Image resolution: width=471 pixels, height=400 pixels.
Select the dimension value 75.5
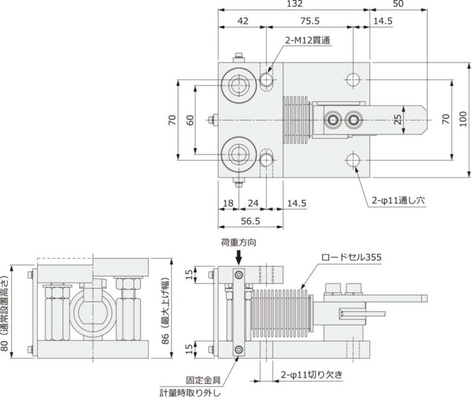(310, 21)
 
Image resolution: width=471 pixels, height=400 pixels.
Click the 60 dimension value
(190, 120)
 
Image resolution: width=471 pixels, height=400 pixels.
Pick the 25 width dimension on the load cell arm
(397, 120)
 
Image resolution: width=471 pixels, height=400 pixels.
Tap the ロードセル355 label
(351, 257)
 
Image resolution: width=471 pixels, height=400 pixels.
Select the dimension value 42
(242, 21)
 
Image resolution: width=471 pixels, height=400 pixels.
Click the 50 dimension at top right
(397, 5)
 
